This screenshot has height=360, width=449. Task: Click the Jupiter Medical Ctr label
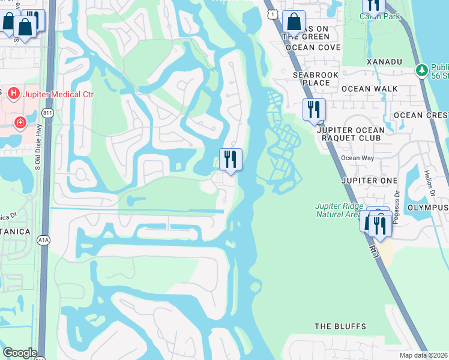(x=58, y=94)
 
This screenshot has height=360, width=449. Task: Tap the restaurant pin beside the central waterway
(x=231, y=160)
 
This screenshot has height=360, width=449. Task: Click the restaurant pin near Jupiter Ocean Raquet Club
(x=313, y=110)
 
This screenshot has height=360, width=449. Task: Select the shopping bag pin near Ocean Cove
(x=294, y=22)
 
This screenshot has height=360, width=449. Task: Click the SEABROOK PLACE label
(x=312, y=79)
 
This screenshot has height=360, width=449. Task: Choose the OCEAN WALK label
(x=369, y=89)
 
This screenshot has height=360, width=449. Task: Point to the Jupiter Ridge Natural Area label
(x=339, y=210)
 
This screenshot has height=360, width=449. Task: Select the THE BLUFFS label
(x=340, y=326)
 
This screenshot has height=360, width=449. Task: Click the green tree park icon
(x=422, y=71)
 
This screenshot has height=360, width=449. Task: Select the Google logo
(x=20, y=353)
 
